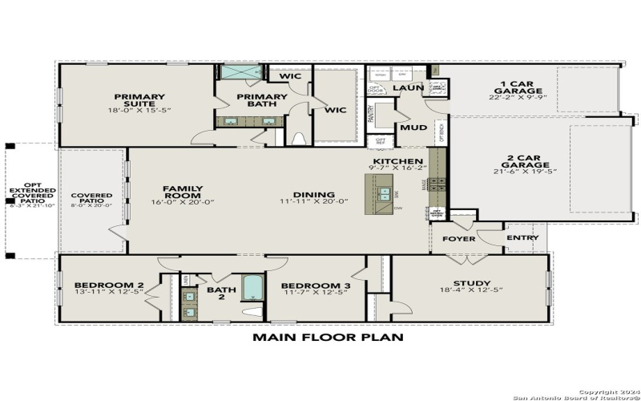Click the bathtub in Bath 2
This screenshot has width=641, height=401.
coord(252,287)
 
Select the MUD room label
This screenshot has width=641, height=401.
coord(413,128)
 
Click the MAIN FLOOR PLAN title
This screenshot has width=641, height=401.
coord(328,338)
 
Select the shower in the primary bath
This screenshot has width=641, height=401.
coord(240,72)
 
